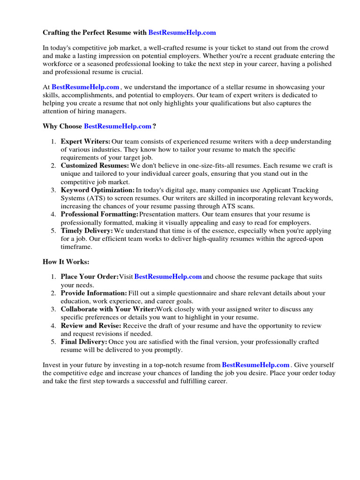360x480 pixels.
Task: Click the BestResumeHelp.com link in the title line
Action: [x=182, y=33]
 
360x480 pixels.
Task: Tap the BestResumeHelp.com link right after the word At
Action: [x=85, y=87]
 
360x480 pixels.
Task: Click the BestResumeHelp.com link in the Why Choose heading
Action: [x=118, y=126]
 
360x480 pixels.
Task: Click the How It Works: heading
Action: [x=66, y=262]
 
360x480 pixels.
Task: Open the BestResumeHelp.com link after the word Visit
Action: [x=168, y=277]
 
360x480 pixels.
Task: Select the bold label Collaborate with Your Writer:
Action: [x=108, y=309]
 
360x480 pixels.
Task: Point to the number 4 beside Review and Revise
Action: [x=53, y=326]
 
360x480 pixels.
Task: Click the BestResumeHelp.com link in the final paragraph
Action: [x=255, y=365]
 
